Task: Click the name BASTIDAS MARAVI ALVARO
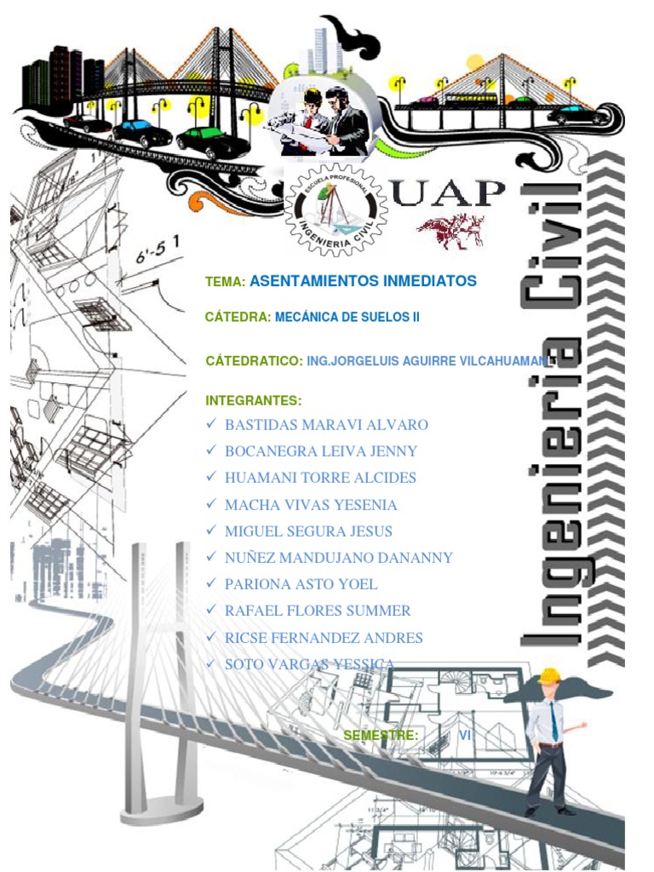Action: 326,424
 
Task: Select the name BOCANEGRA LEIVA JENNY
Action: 321,450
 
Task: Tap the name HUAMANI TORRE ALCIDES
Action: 320,478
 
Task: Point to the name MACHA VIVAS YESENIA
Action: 311,504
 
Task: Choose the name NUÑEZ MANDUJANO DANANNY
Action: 338,558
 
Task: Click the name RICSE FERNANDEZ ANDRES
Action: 324,637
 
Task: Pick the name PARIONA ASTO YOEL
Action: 301,584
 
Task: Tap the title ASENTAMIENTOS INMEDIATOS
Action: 363,280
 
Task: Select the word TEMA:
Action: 226,281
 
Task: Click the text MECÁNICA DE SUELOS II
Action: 347,317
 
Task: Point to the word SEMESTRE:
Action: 380,735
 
